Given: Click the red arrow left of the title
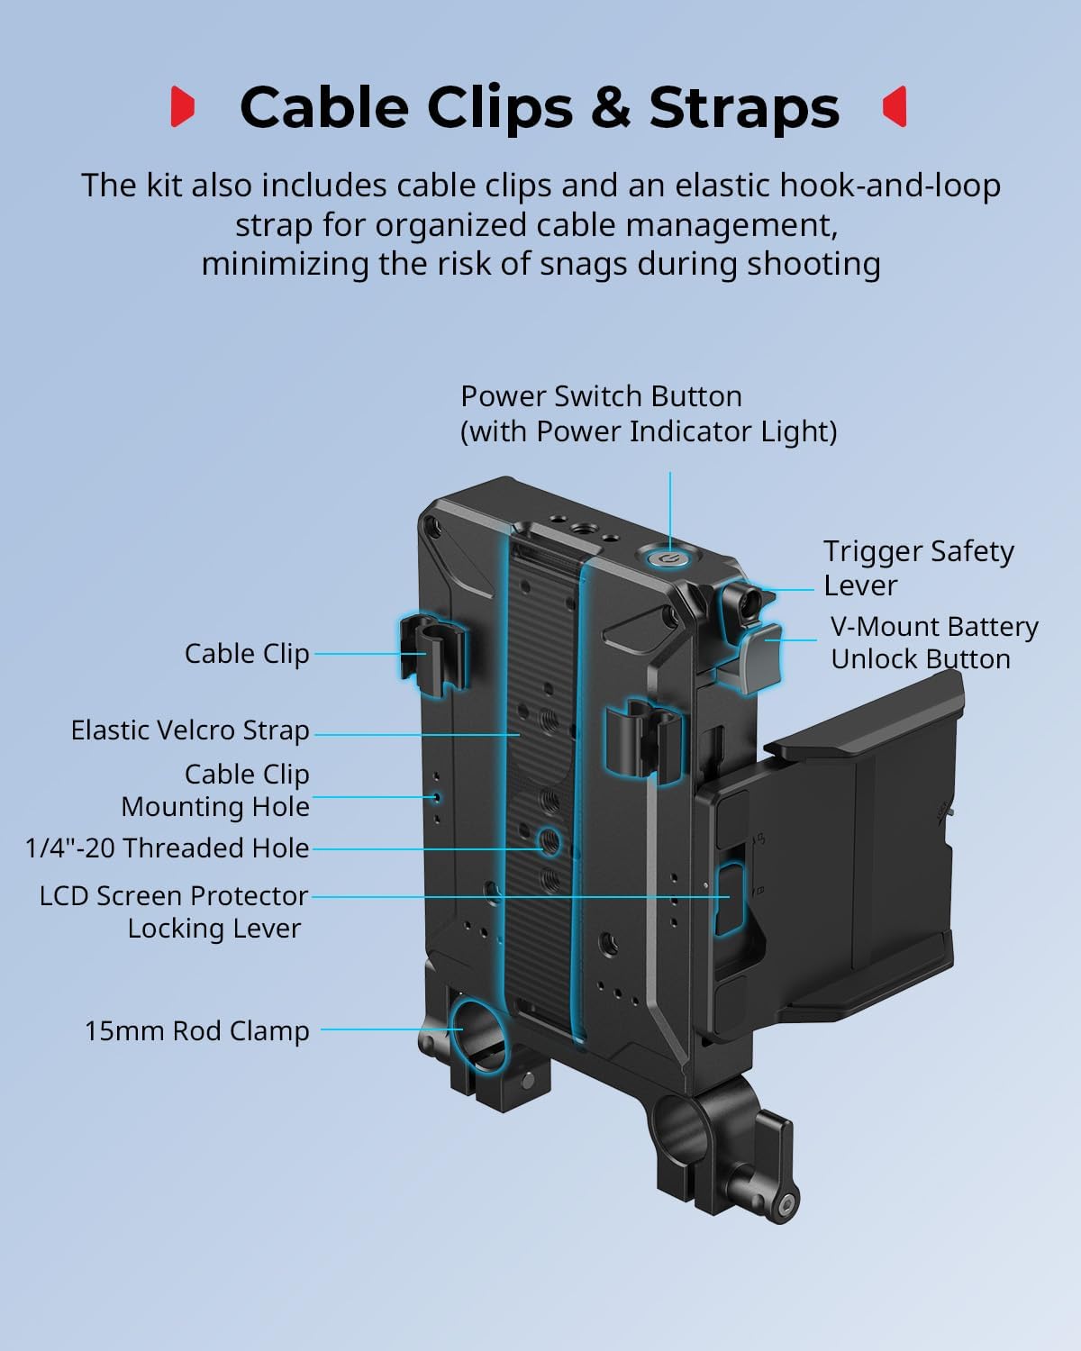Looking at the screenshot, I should pyautogui.click(x=183, y=106).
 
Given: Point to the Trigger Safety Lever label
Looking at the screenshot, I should pyautogui.click(x=918, y=567).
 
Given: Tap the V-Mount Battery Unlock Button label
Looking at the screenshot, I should pyautogui.click(x=933, y=642).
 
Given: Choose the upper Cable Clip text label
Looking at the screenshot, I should pyautogui.click(x=246, y=653).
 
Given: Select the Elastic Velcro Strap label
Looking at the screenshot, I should pyautogui.click(x=190, y=730).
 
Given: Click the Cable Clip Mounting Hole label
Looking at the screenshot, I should pyautogui.click(x=216, y=790).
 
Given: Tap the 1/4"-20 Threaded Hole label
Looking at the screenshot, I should pyautogui.click(x=168, y=848).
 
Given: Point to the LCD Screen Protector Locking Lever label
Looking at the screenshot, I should pyautogui.click(x=173, y=911).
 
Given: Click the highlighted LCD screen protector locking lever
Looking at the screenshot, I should pyautogui.click(x=729, y=898).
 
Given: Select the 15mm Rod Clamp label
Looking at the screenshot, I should pyautogui.click(x=196, y=1030).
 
